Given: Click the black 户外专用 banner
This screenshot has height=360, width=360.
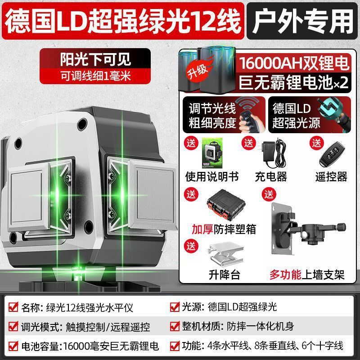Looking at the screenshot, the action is pyautogui.click(x=303, y=21).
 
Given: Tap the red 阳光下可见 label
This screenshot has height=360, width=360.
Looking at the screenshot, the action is pyautogui.click(x=95, y=66).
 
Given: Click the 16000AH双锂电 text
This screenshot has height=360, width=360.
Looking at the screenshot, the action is pyautogui.click(x=294, y=63).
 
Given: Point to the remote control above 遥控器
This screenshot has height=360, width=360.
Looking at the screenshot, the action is pyautogui.click(x=332, y=153).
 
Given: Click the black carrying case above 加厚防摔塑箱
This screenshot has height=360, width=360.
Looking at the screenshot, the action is pyautogui.click(x=226, y=205).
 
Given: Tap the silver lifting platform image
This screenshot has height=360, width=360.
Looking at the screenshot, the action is pyautogui.click(x=226, y=254).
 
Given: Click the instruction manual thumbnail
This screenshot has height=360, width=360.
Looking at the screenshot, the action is pyautogui.click(x=212, y=153).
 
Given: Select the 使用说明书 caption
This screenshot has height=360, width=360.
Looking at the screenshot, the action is pyautogui.click(x=211, y=176).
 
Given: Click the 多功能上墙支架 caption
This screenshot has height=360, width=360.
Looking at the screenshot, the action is pyautogui.click(x=307, y=274).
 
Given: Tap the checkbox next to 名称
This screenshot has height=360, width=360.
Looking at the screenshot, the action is pyautogui.click(x=13, y=307).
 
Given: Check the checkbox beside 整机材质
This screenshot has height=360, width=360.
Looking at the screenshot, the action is pyautogui.click(x=175, y=326).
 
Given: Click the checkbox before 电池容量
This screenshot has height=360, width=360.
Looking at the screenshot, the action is pyautogui.click(x=13, y=346).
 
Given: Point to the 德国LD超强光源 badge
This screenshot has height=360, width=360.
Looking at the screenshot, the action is pyautogui.click(x=310, y=115).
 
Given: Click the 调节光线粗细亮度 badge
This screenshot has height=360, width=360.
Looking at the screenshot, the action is pyautogui.click(x=224, y=115).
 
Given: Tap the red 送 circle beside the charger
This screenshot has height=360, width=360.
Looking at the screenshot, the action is pyautogui.click(x=248, y=143).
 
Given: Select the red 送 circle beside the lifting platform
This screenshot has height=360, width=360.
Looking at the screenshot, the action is pyautogui.click(x=191, y=246).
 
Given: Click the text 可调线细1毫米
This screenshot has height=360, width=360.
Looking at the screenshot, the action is pyautogui.click(x=95, y=76).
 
